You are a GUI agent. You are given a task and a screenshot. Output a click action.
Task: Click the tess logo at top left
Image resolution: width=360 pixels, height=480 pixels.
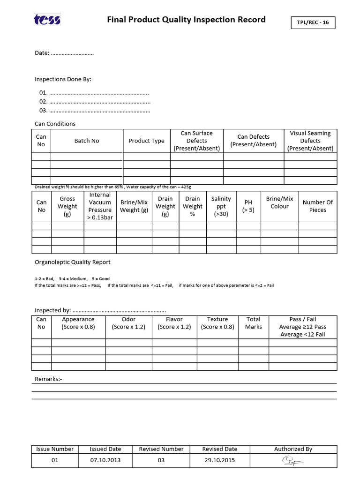click(x=47, y=20)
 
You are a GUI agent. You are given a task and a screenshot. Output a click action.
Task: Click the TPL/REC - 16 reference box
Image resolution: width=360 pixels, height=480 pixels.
click(x=313, y=22)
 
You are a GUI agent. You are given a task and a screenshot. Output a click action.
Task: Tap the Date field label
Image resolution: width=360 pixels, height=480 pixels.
click(x=42, y=53)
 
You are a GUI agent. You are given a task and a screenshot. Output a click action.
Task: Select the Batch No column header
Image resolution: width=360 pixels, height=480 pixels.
click(x=87, y=141)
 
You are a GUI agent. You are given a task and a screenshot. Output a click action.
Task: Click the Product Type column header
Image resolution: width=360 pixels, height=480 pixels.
click(x=146, y=141)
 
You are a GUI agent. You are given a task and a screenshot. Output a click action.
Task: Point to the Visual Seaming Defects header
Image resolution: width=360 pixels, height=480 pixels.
click(x=310, y=141)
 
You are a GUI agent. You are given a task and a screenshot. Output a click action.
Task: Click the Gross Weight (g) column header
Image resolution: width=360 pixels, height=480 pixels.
click(x=67, y=206)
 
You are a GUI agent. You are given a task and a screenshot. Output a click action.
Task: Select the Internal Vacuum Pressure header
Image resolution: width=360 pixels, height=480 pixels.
click(x=100, y=206)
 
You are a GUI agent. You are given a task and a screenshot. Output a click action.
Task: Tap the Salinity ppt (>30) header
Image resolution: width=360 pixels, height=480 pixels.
click(x=221, y=206)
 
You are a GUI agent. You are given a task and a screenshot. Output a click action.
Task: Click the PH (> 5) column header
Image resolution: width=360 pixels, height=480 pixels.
click(x=248, y=206)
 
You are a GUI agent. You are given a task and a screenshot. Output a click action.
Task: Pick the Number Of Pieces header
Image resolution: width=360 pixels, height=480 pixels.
click(x=317, y=206)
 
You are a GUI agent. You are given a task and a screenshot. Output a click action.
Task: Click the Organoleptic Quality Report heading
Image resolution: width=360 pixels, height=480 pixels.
click(x=73, y=262)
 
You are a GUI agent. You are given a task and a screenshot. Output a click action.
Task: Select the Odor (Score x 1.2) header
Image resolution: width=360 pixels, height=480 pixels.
click(x=128, y=323)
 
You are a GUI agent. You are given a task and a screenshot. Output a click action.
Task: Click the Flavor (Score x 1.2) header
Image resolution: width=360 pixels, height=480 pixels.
click(x=174, y=323)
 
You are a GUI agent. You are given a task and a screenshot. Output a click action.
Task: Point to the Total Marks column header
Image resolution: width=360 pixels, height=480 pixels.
click(x=253, y=323)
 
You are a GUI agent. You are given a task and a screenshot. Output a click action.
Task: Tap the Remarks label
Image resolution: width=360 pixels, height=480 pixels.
click(x=48, y=379)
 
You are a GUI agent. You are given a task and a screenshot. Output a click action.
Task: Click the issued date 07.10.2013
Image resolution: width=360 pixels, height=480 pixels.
click(x=105, y=460)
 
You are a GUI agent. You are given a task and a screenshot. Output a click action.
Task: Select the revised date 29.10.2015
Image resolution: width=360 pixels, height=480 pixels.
click(x=219, y=460)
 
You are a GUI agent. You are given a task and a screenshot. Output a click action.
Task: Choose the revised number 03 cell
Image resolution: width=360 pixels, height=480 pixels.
click(x=161, y=460)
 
